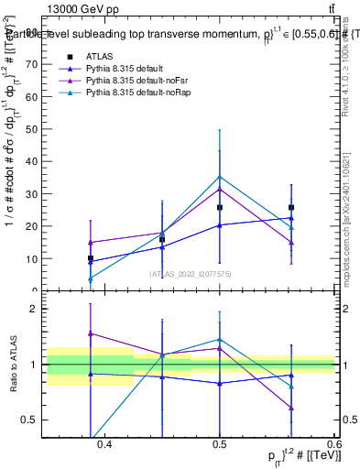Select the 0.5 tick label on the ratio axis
pos(33,420)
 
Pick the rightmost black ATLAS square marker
pos(291,207)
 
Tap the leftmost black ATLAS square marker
pos(90,258)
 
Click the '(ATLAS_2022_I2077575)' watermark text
pos(191,273)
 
